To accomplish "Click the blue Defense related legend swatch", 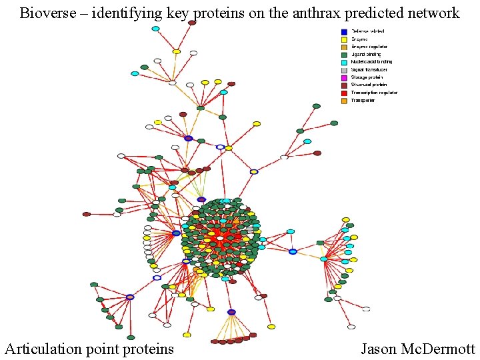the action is (344, 31).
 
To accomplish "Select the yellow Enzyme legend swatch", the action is (344, 39).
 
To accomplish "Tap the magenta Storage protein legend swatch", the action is (344, 77).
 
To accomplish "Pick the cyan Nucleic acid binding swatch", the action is (344, 62).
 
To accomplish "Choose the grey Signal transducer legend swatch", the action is (344, 70).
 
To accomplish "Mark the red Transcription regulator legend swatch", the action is (344, 93).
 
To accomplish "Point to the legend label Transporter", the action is (363, 101).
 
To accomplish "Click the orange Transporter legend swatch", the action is (344, 101).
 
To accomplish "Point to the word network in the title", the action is (432, 13).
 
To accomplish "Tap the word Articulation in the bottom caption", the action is (45, 349).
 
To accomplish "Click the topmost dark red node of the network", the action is (192, 23).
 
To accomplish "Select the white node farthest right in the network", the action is (366, 309).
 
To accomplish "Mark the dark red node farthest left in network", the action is (87, 214).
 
